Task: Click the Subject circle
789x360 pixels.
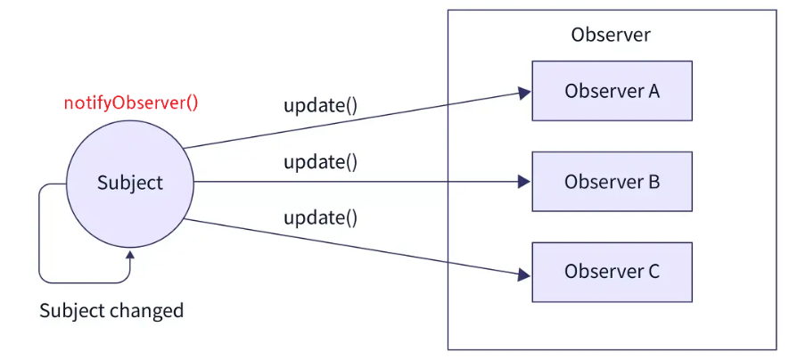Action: tap(130, 183)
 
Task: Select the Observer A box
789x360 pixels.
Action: tap(612, 91)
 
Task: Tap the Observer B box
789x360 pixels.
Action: tap(612, 182)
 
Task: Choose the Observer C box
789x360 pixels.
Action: tap(612, 272)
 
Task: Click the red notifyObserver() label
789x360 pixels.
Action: tap(131, 102)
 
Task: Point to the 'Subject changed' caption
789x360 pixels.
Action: tap(111, 311)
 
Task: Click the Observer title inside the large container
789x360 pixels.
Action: tap(611, 36)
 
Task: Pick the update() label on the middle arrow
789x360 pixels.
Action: tap(320, 162)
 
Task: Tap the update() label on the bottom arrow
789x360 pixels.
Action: tap(320, 218)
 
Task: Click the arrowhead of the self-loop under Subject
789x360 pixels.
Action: tap(130, 257)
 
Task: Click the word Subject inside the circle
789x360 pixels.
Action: tap(130, 183)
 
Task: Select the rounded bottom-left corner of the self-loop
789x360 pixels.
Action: tap(44, 279)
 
